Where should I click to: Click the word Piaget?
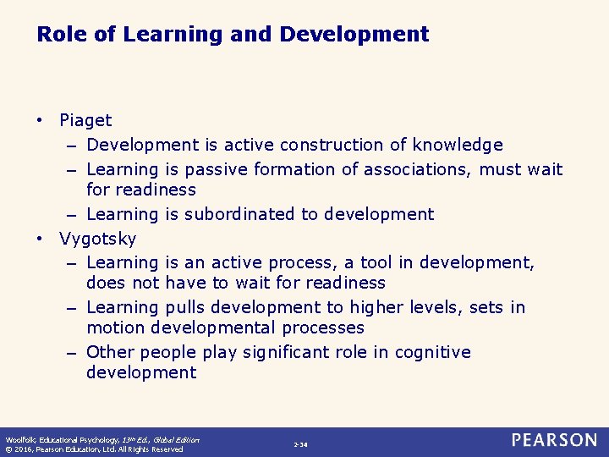point(85,121)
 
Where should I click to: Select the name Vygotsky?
point(97,239)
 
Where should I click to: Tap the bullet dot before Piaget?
point(41,121)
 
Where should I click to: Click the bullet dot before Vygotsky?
point(41,239)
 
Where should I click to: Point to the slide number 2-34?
point(300,444)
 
